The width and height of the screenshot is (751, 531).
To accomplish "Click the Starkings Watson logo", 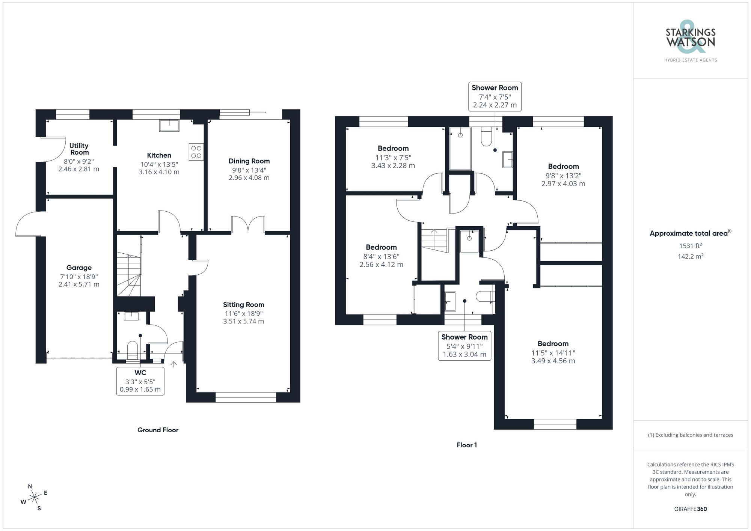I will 690,41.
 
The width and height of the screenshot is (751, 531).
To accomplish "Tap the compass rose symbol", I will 35,498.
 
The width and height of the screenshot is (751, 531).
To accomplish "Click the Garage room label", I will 79,268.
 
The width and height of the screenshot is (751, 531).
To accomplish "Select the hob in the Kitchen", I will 196,152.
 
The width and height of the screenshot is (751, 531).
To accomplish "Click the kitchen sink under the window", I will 169,125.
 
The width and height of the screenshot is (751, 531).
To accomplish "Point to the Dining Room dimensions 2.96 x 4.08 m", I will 249,178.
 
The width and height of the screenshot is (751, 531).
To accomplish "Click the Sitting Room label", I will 243,305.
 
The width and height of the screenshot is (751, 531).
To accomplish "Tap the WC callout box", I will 140,381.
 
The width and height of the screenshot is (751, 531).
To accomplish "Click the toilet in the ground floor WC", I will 133,349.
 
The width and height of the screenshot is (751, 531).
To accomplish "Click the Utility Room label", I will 79,149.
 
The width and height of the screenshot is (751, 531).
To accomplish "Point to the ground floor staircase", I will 129,274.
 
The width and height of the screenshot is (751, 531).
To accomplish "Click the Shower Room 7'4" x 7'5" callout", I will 495,96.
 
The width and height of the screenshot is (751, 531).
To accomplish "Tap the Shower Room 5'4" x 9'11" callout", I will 464,346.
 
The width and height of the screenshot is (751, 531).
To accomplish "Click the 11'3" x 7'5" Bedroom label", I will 393,149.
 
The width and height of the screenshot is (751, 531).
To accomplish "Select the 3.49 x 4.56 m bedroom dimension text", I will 553,361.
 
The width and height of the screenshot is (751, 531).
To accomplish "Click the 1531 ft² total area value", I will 690,246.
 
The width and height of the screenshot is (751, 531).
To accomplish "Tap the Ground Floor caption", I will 158,430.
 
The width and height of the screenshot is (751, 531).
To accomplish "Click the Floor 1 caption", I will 466,445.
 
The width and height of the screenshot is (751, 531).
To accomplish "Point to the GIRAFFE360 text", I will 690,509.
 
